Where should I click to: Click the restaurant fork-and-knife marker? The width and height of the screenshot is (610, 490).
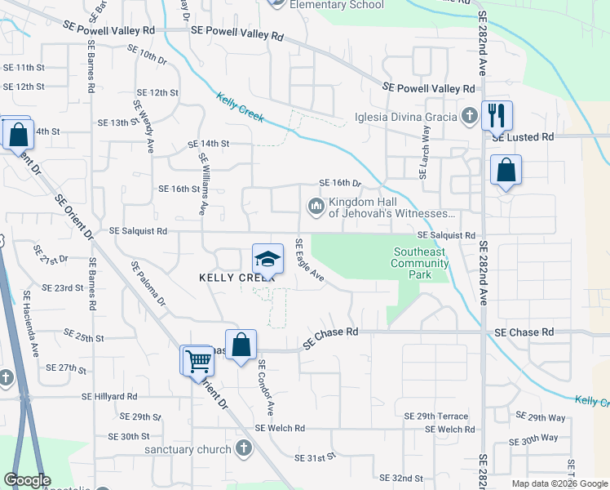[497, 115]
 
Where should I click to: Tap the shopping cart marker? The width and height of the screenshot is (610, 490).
[197, 360]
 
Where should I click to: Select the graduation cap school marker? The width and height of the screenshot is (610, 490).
[267, 259]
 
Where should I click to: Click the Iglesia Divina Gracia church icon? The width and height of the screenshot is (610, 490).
[469, 116]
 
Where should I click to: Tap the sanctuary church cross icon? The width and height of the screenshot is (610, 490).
[243, 448]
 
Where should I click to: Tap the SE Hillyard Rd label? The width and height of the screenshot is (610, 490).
[115, 396]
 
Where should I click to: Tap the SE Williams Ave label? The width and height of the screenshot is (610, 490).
[201, 188]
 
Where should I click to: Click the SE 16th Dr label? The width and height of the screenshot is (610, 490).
[339, 183]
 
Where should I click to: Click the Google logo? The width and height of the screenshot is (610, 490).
[27, 480]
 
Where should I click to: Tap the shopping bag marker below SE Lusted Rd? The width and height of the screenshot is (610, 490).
[506, 171]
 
